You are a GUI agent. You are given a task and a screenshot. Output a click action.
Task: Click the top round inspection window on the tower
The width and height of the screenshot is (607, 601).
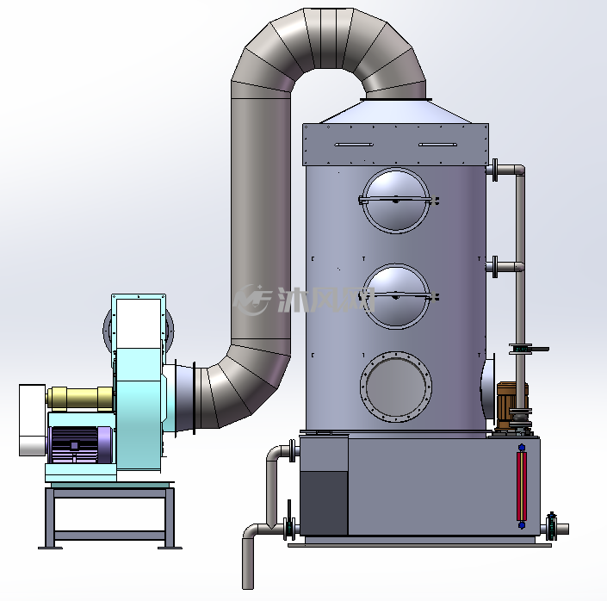396,201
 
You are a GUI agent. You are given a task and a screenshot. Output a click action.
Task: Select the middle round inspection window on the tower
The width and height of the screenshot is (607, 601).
396,297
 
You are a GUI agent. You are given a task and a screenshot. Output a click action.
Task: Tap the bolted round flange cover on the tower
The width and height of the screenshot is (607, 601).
396,387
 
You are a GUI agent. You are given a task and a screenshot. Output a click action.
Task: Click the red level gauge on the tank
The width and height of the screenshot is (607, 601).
522,486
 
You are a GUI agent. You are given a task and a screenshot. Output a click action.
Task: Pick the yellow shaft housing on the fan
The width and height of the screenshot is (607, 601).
80,398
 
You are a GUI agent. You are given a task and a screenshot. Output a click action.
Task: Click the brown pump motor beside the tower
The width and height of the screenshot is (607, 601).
511,405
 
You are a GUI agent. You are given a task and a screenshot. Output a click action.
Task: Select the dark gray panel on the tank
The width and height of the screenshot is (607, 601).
324,503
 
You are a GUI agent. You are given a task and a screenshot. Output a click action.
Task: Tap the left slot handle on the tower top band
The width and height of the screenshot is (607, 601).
354,145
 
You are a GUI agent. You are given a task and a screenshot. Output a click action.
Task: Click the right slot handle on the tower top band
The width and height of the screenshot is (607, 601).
438,145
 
